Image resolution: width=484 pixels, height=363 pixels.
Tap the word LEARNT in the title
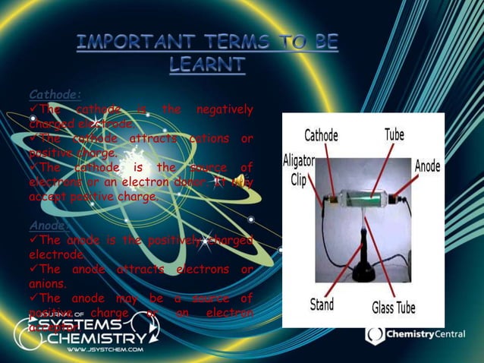point(206,66)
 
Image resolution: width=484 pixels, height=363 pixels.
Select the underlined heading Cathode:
point(55,95)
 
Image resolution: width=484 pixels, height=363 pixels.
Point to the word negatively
point(224,110)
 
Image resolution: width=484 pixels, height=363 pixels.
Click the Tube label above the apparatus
point(394,134)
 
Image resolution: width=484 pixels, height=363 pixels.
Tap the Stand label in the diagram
point(321,306)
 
